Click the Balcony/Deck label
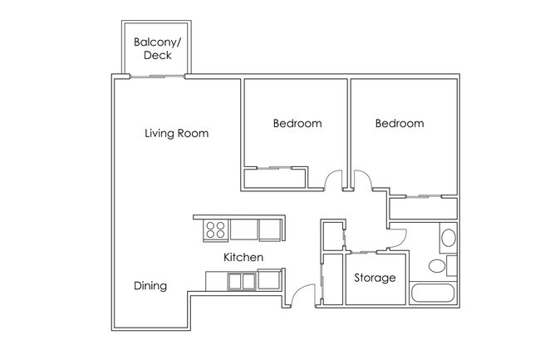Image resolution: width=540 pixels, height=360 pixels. point(157,48)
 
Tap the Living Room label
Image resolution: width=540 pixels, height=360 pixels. point(177,133)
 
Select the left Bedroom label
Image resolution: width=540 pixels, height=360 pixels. point(297,123)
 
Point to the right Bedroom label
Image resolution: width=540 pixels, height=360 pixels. point(400,123)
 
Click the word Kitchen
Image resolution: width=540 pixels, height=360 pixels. point(243,257)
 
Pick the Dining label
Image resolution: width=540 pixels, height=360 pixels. point(150,285)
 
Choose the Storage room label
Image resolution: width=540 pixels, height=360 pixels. point(375,278)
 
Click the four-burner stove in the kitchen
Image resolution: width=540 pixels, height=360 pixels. point(216,230)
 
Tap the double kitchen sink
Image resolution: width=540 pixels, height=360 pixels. point(242,281)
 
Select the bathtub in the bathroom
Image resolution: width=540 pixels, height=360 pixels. point(433,293)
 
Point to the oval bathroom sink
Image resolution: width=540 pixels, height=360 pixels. point(449,238)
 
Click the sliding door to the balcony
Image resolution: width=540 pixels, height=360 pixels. point(157,76)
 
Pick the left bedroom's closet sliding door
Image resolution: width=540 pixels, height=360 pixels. point(274,168)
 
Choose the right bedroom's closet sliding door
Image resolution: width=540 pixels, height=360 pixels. point(424,197)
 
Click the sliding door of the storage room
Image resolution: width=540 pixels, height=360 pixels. point(364,253)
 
